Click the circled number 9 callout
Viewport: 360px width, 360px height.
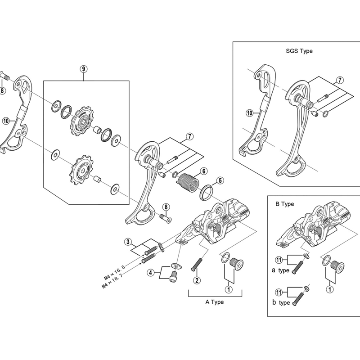tap(84, 69)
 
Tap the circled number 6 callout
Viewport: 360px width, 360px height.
tap(204, 171)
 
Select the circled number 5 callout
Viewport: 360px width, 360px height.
tap(220, 180)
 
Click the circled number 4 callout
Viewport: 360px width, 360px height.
tap(151, 273)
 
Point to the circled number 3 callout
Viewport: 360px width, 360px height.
tap(128, 242)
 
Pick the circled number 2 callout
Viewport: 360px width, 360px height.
tap(197, 280)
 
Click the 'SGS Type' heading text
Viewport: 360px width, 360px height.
tap(299, 51)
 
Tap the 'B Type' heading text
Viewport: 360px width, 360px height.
tap(285, 204)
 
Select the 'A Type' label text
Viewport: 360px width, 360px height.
tap(215, 302)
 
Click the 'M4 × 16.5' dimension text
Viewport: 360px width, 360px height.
tap(114, 272)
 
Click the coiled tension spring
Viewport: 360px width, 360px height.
tap(188, 182)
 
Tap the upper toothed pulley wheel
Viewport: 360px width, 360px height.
tap(82, 121)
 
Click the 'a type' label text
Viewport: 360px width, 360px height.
tap(280, 270)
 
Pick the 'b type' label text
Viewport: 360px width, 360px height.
tap(281, 302)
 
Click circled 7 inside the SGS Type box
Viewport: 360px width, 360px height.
tap(340, 80)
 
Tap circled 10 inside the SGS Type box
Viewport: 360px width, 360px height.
tap(249, 113)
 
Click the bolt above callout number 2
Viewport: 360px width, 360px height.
tap(197, 265)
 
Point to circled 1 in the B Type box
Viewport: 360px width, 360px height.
tap(330, 289)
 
